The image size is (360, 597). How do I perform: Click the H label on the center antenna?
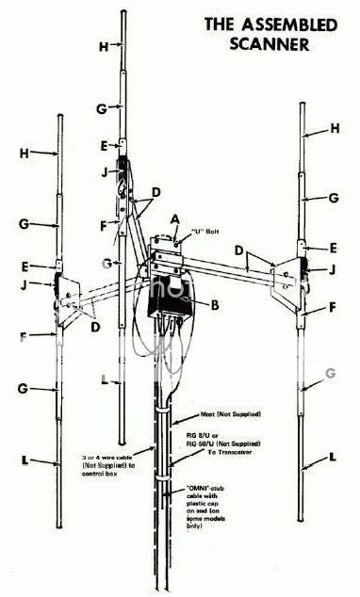click(103, 43)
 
